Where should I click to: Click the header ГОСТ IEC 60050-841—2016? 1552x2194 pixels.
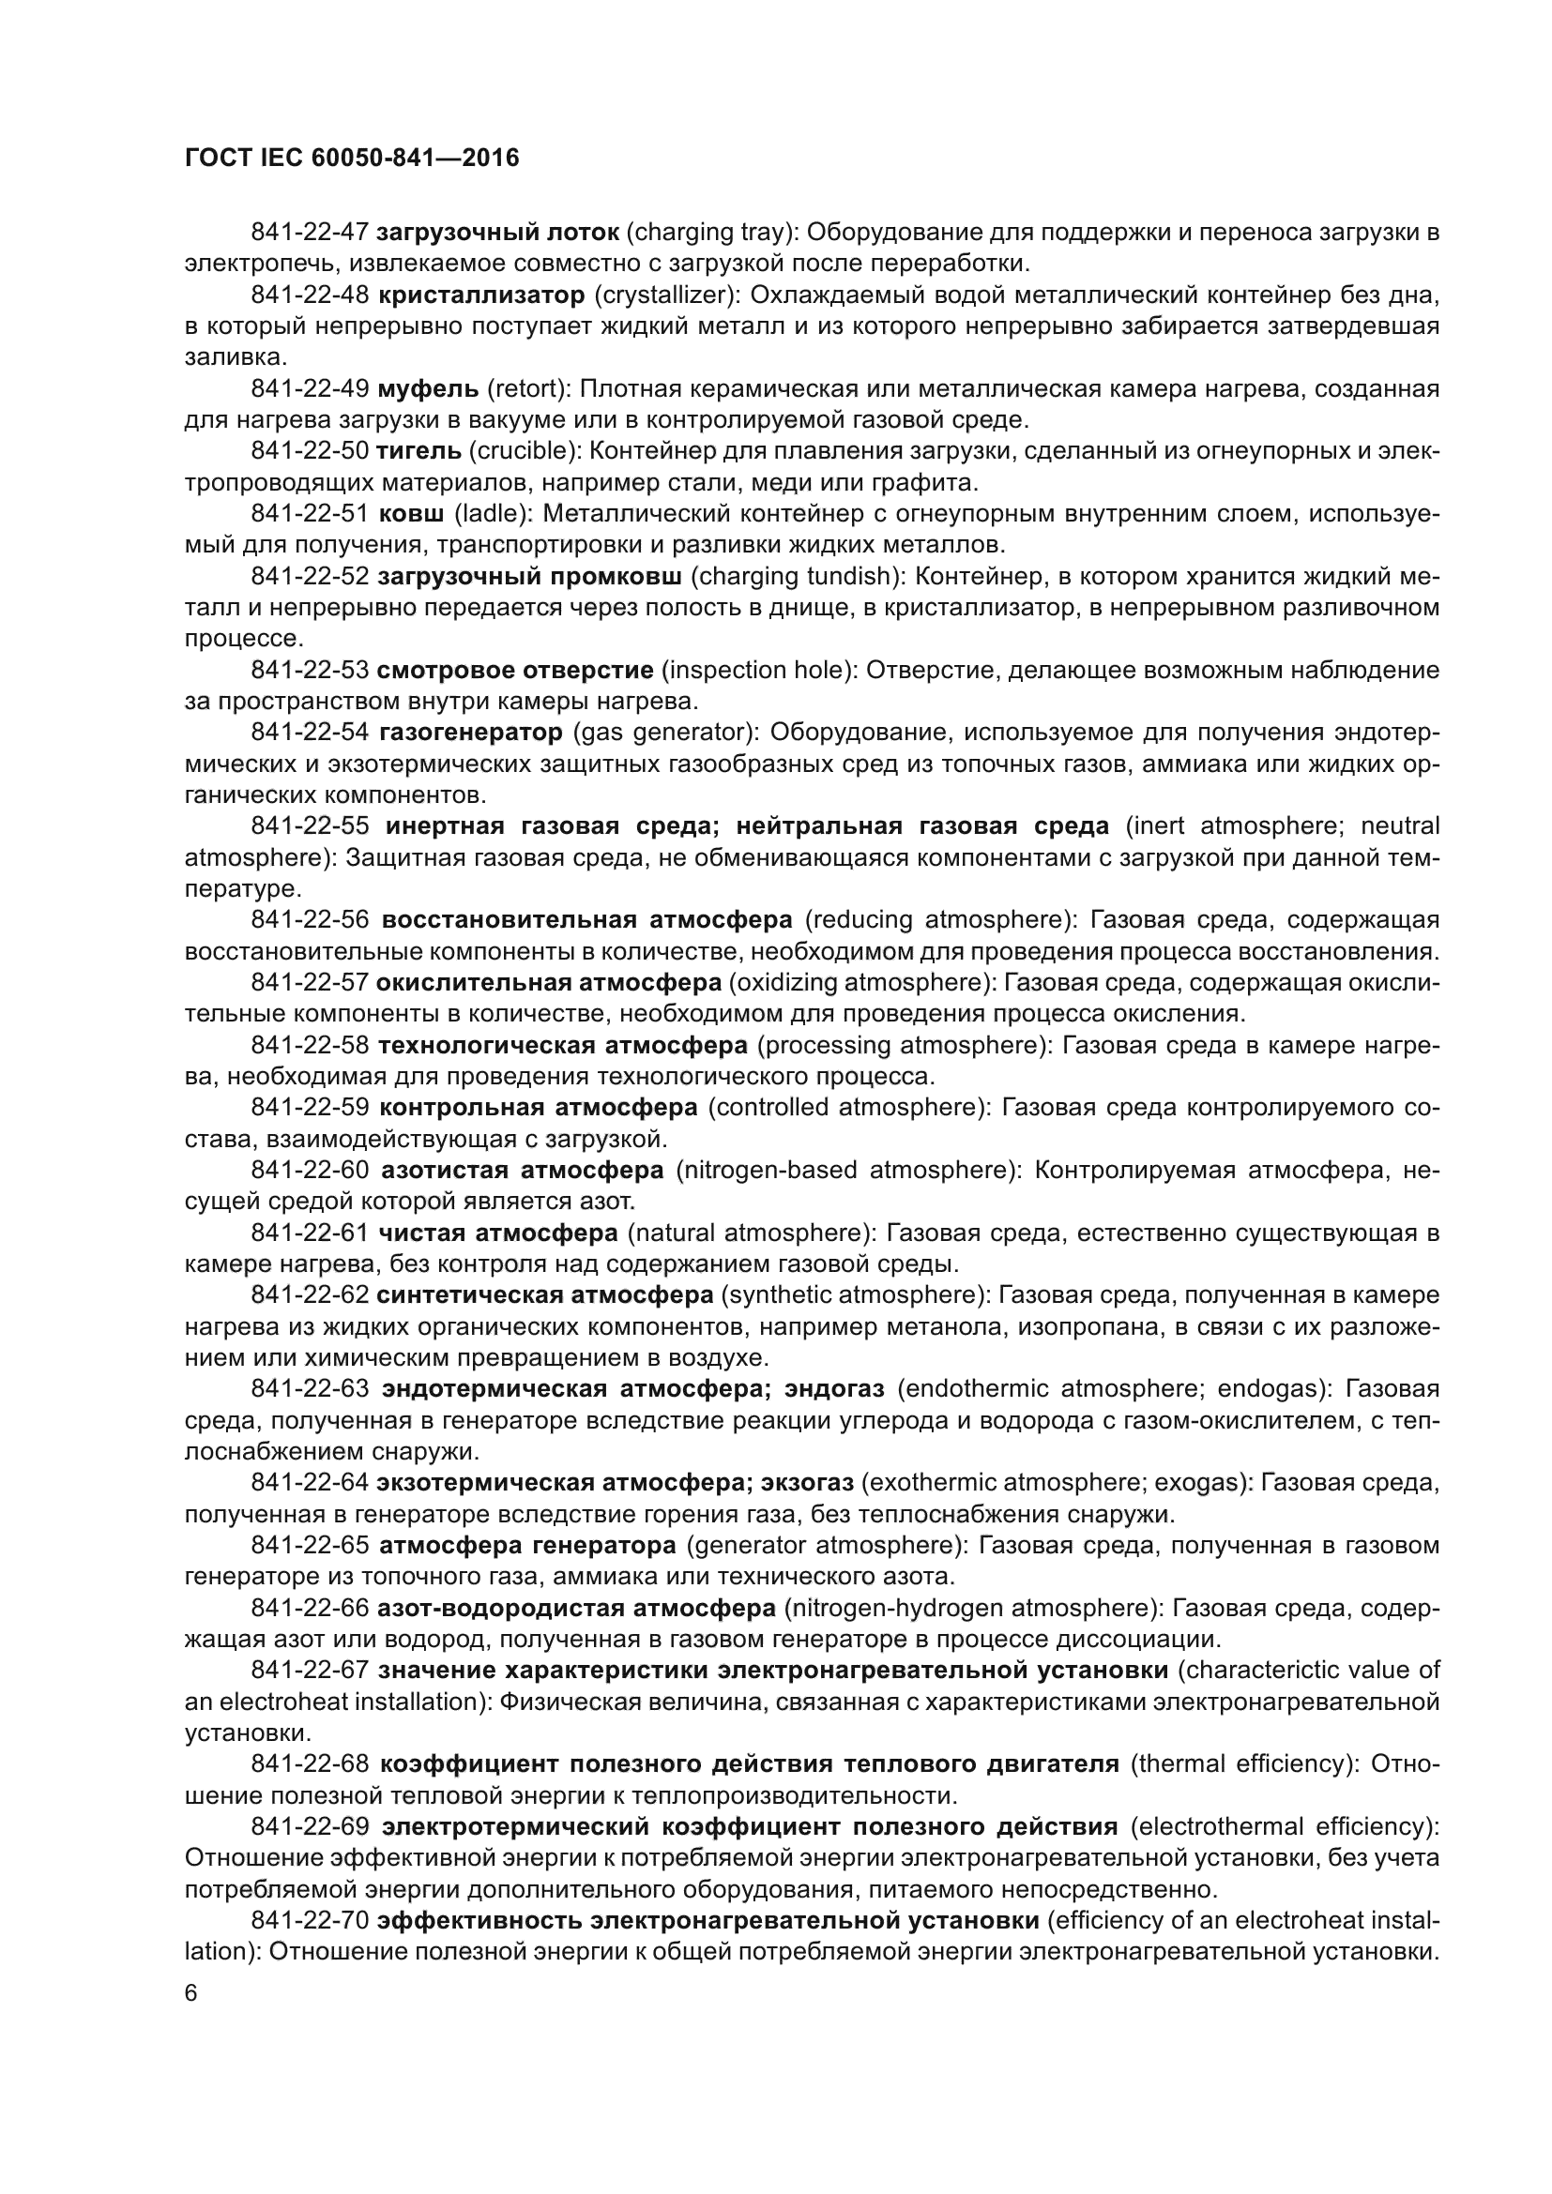point(352,158)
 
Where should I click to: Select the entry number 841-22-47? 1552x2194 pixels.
point(310,233)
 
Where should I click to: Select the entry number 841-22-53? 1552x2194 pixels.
point(310,670)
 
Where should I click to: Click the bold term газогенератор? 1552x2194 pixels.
point(471,732)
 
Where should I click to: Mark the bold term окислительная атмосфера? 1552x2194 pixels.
point(549,982)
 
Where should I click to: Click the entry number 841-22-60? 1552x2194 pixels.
point(310,1170)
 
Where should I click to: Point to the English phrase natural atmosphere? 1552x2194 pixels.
point(752,1233)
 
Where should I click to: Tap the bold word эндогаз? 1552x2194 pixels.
point(834,1388)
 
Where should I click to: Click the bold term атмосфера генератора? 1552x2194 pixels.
point(527,1545)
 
